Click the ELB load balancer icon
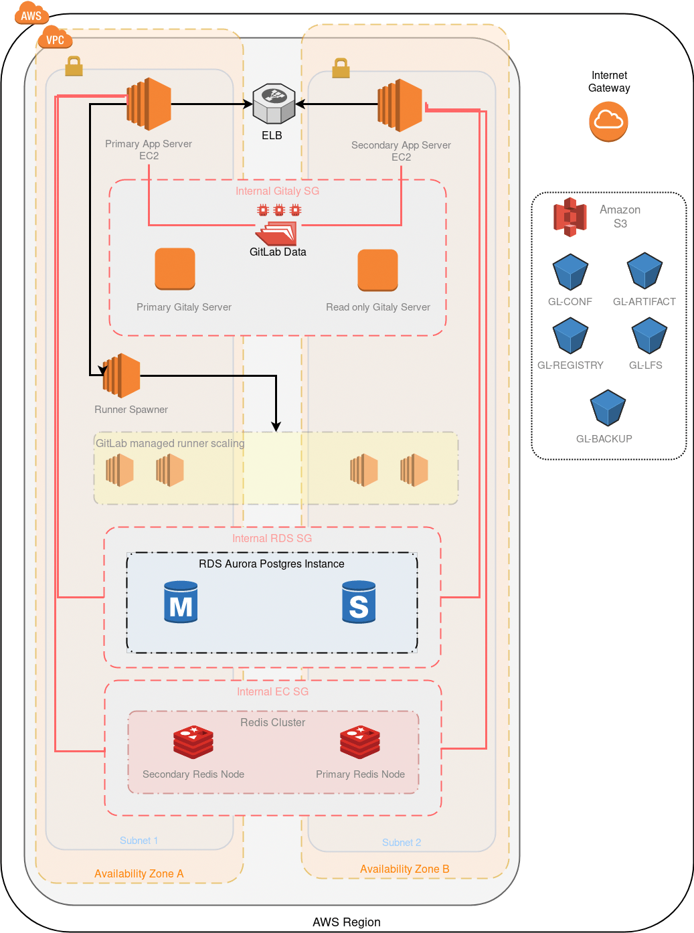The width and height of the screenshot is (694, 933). [x=274, y=104]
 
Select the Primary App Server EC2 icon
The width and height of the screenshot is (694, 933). [x=149, y=104]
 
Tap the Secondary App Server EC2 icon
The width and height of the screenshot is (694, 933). [x=400, y=106]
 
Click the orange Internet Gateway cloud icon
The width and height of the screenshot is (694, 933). [x=608, y=121]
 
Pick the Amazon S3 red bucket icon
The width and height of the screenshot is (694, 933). [x=570, y=217]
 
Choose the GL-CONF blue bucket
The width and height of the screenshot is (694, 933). [x=570, y=272]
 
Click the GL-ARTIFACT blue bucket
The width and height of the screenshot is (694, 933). [x=644, y=271]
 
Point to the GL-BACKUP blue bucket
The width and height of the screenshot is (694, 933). [x=608, y=408]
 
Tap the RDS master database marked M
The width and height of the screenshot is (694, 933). [x=181, y=602]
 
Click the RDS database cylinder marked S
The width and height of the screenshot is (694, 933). [x=359, y=602]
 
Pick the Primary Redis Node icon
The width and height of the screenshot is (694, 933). [x=360, y=742]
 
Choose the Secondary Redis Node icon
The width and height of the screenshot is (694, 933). [x=193, y=742]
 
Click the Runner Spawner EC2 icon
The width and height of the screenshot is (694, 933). [x=121, y=375]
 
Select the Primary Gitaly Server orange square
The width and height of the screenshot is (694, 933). [x=175, y=269]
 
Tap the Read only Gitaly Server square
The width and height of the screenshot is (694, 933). [x=377, y=270]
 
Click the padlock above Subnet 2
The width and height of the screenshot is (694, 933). [x=341, y=68]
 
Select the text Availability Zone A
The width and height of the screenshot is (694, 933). [x=139, y=873]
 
